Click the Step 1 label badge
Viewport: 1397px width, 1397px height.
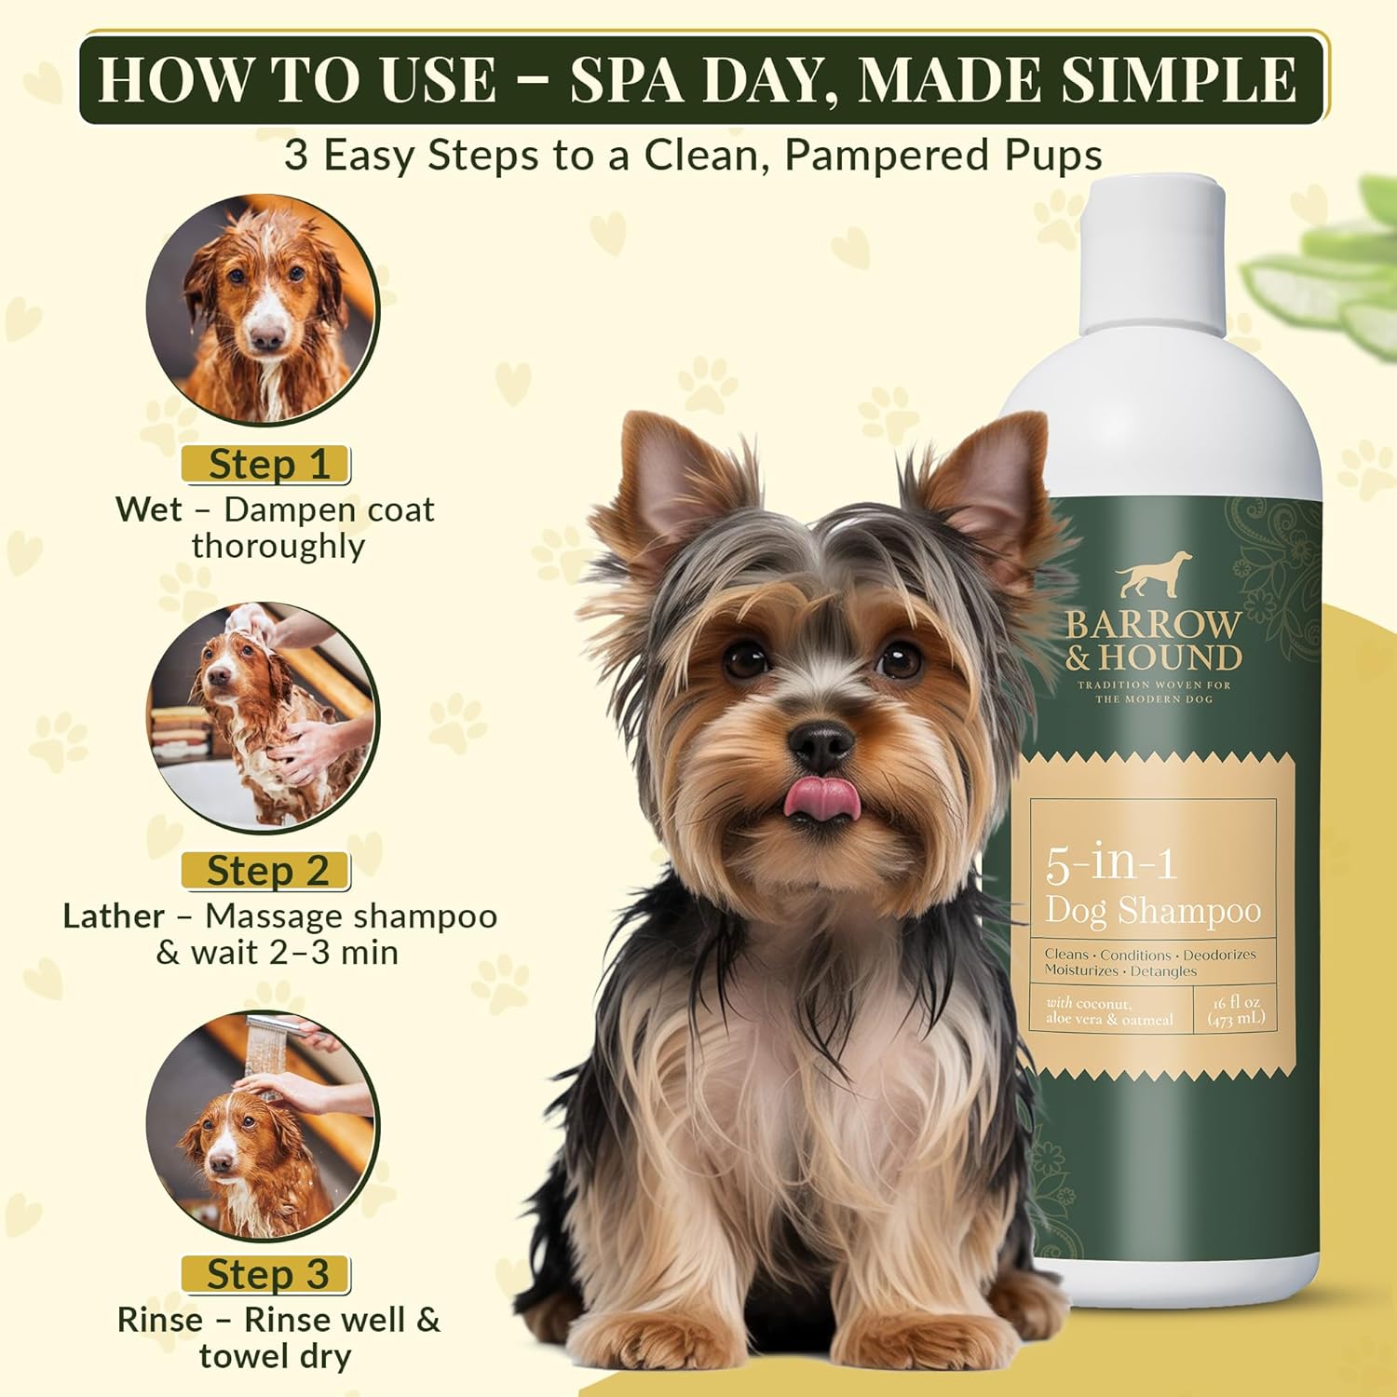(266, 464)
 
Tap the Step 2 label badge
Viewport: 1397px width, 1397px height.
(266, 871)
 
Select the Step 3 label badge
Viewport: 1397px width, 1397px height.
(266, 1274)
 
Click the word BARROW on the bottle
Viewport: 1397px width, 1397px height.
(1153, 625)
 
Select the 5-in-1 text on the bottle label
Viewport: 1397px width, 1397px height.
(1110, 863)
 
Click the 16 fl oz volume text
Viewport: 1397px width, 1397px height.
(1236, 1003)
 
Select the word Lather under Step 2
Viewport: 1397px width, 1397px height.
(114, 916)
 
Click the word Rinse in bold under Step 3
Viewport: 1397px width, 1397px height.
(159, 1320)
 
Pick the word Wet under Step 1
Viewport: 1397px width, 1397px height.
(148, 509)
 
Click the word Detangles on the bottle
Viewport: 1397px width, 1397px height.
(1163, 971)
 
